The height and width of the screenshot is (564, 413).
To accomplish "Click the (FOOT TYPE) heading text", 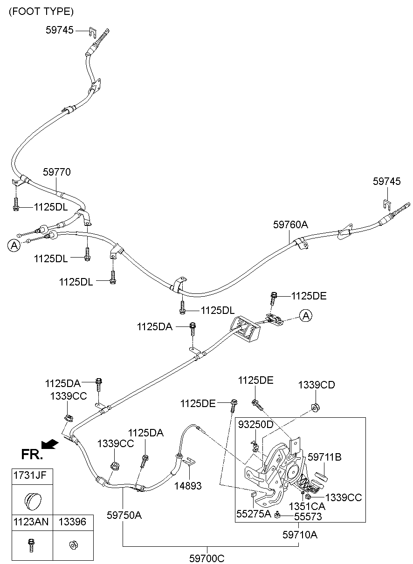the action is (41, 12).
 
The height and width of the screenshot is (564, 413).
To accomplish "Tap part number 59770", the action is (57, 172).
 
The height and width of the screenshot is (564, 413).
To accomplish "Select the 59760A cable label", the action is (290, 224).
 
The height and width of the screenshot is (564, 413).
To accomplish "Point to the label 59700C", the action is (206, 559).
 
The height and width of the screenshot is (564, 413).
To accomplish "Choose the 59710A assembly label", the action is (300, 535).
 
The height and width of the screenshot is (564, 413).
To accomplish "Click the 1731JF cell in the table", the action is (30, 476).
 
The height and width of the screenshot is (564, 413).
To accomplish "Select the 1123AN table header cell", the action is (31, 522).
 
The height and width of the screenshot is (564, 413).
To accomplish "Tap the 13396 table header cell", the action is (73, 522).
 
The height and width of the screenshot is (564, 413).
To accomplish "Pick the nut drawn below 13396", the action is (73, 545).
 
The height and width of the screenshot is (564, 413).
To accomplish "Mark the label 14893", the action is (188, 486).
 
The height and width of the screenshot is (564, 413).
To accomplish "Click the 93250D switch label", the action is (256, 424).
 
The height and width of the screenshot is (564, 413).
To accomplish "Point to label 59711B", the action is (324, 457).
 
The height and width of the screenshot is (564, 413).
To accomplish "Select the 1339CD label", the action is (317, 385).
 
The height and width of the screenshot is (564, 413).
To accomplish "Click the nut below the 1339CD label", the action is (315, 408).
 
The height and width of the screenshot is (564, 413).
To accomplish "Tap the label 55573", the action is (308, 516).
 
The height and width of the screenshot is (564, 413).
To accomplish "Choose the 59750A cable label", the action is (124, 515).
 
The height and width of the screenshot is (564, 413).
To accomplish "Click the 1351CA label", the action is (307, 506).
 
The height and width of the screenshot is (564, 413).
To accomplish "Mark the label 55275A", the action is (254, 514).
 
